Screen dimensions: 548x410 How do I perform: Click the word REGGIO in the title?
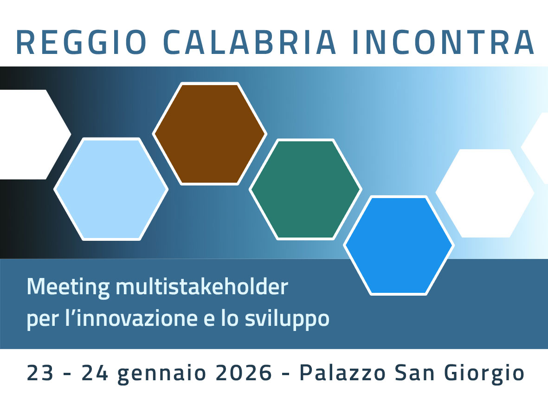[x=81, y=42]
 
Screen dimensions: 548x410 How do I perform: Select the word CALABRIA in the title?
[x=250, y=42]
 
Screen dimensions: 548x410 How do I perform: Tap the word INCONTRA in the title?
[x=444, y=42]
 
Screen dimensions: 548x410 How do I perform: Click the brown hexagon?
[x=210, y=134]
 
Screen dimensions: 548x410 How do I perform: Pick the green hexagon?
[x=305, y=189]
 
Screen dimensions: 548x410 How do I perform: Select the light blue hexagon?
[x=111, y=189]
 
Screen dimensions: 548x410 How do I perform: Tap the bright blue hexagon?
[x=399, y=245]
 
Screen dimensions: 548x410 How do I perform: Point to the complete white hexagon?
[x=485, y=193]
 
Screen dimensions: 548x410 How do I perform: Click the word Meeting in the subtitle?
[x=68, y=288]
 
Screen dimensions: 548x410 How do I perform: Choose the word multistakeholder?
[x=202, y=287]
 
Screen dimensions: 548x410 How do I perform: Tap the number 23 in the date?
[x=40, y=372]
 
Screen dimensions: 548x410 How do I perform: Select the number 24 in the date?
[x=95, y=372]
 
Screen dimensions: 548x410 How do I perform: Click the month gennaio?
[x=162, y=374]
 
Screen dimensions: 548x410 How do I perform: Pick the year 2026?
[x=244, y=372]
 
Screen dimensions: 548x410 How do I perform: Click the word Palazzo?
[x=342, y=372]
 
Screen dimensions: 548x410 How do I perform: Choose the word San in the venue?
[x=415, y=372]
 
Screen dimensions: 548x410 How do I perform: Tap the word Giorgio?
[x=484, y=374]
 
